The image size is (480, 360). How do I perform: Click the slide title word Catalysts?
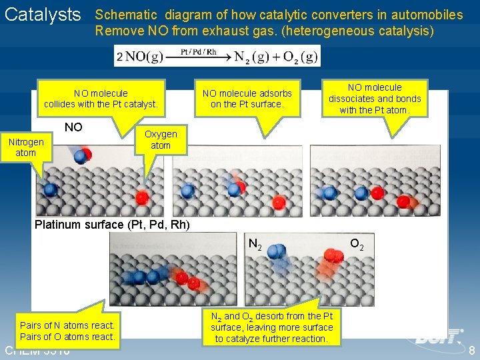(42, 15)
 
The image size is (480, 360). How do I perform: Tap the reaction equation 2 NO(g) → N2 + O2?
(217, 57)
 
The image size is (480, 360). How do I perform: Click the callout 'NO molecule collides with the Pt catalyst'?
(101, 99)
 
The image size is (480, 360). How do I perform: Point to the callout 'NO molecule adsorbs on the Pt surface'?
(247, 99)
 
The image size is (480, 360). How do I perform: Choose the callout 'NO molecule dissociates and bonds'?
(375, 99)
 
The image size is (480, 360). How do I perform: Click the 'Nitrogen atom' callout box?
(26, 147)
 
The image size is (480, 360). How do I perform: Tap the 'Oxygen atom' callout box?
(161, 139)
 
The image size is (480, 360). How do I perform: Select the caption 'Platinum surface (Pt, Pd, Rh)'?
(112, 225)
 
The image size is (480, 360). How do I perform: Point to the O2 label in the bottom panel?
(357, 244)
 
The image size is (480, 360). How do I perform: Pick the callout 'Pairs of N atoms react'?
(67, 331)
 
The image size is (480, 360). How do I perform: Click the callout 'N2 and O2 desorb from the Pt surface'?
(271, 327)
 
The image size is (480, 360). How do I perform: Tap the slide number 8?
(472, 351)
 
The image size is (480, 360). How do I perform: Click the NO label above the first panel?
(73, 127)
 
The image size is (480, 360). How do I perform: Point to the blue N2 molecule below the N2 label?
(276, 253)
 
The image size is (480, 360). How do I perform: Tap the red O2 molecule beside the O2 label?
(331, 255)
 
